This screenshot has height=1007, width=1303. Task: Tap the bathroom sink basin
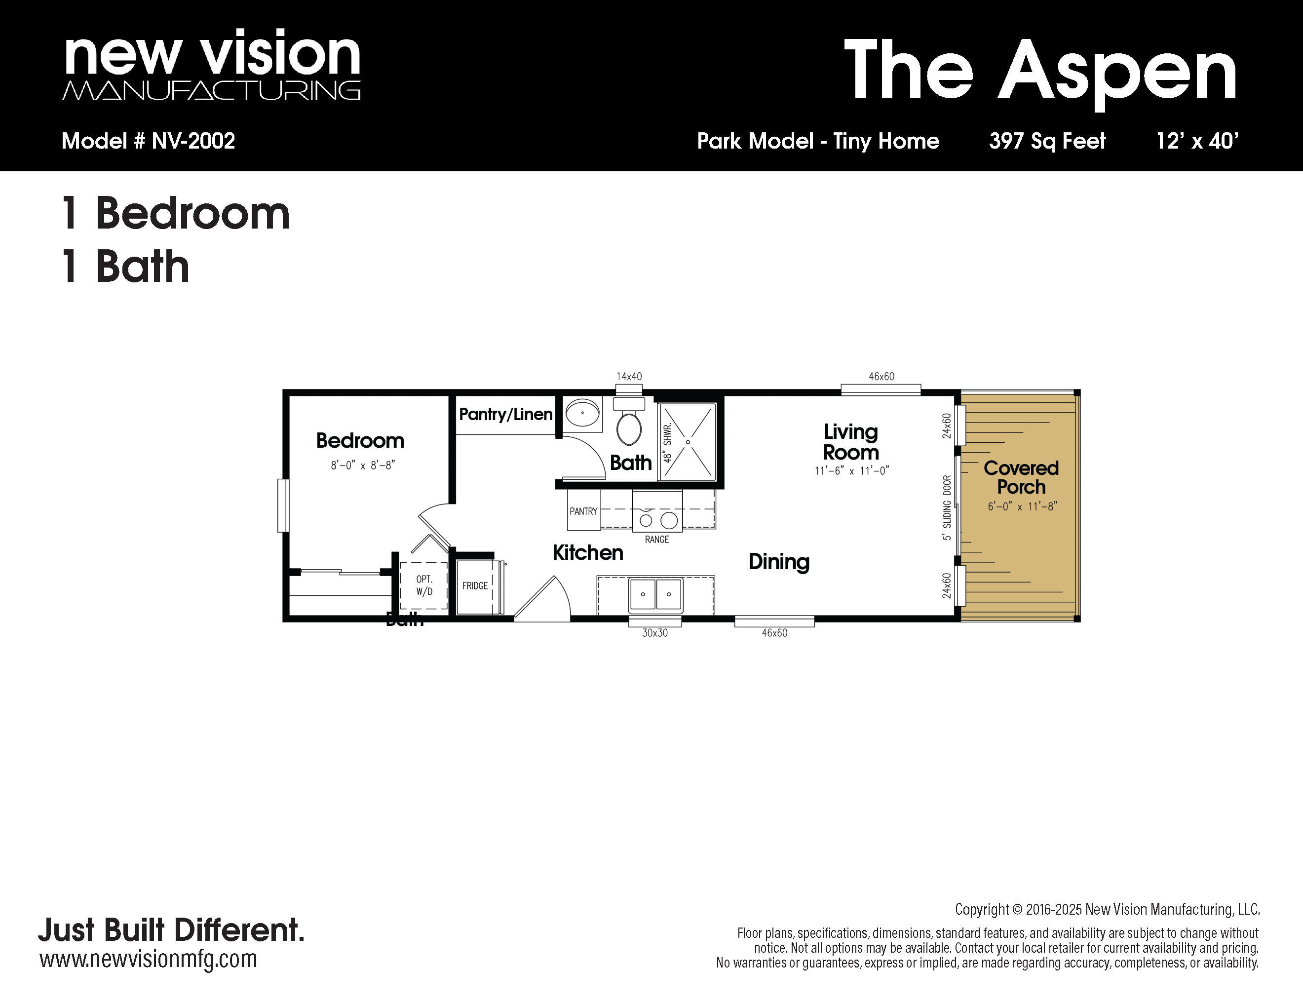582,413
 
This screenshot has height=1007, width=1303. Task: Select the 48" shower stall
688,441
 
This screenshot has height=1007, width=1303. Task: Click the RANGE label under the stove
657,540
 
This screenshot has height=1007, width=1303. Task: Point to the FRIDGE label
475,586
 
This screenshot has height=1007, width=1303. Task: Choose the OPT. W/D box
423,585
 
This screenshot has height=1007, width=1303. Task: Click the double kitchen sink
655,595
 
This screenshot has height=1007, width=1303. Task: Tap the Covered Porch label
1021,477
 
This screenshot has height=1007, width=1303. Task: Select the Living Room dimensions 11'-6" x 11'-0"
852,471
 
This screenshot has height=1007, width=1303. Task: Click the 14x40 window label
629,377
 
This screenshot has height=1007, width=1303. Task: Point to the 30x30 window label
655,633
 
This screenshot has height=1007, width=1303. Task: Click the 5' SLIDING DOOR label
947,507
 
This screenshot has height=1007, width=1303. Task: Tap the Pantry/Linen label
506,414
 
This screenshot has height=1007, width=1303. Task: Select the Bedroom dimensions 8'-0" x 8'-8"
363,465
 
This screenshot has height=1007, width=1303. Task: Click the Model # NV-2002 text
148,141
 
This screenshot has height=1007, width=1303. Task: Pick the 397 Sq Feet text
1048,141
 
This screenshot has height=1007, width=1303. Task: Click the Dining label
779,562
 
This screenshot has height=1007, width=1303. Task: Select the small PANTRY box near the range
583,511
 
